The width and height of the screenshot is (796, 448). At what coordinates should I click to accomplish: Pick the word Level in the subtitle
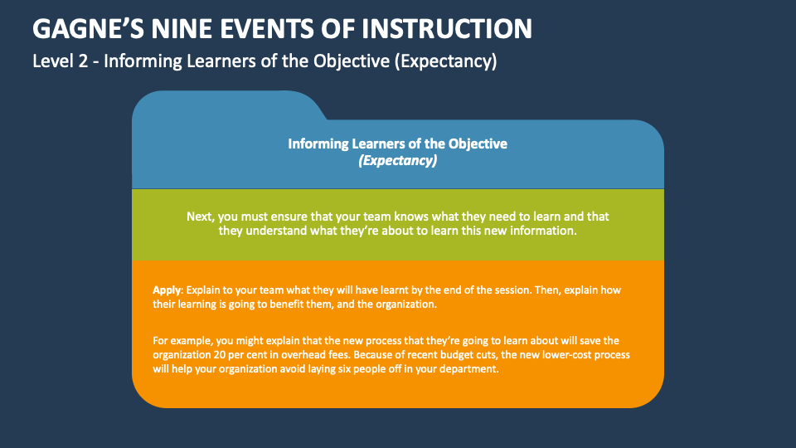coord(51,61)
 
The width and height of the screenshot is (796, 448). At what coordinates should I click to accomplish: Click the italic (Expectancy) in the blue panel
coord(397,160)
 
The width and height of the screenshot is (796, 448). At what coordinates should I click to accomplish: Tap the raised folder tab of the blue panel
coord(224,106)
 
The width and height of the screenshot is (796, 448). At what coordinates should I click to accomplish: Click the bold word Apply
coord(167,290)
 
